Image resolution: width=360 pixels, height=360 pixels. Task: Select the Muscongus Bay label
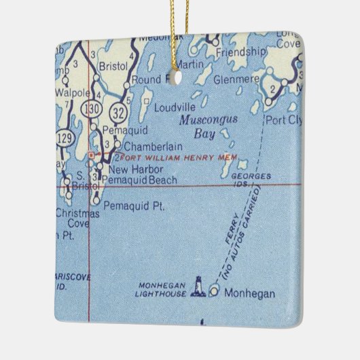pyautogui.click(x=200, y=127)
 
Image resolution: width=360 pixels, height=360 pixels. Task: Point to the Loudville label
pyautogui.click(x=174, y=107)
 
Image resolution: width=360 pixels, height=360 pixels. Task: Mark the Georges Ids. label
pyautogui.click(x=251, y=180)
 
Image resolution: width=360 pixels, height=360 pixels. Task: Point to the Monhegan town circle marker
pyautogui.click(x=215, y=292)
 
